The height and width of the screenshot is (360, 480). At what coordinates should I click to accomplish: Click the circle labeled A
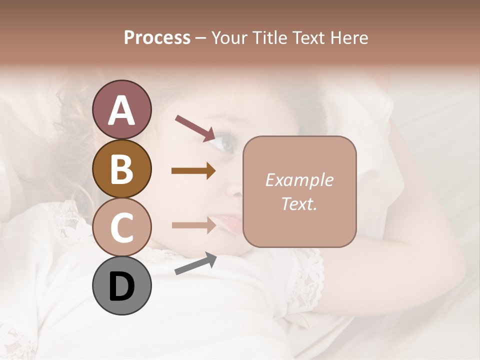coord(121,109)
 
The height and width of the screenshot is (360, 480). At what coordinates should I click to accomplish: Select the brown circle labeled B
coord(121,168)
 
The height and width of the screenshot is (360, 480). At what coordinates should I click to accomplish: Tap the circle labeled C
coord(121,227)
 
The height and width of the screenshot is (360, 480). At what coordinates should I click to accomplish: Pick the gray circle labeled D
coord(121,285)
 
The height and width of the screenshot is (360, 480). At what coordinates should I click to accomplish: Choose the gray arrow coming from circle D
coord(195,264)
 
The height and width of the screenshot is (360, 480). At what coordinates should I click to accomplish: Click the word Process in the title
coord(157,37)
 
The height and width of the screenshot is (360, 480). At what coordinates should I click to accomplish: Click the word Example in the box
coord(299,180)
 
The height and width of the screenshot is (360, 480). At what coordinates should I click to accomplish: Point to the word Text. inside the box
coord(299,203)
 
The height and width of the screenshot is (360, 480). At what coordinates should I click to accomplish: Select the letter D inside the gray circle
coord(121,287)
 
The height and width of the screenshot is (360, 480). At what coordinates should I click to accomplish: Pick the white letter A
coord(121,110)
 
